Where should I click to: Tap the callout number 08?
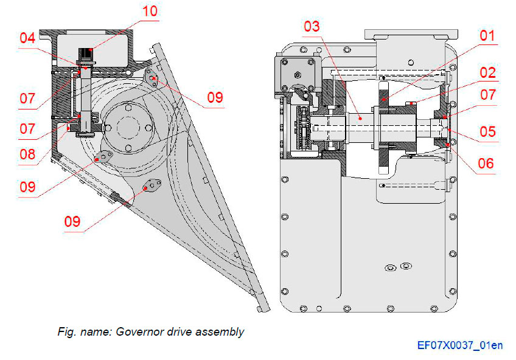(x=27, y=154)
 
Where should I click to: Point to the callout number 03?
(x=312, y=26)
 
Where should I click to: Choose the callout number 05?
(x=487, y=131)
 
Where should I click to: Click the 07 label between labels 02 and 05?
(x=487, y=95)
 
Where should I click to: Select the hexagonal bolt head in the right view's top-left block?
(x=298, y=75)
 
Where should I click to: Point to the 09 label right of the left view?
(x=214, y=97)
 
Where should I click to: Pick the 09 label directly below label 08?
(x=27, y=187)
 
